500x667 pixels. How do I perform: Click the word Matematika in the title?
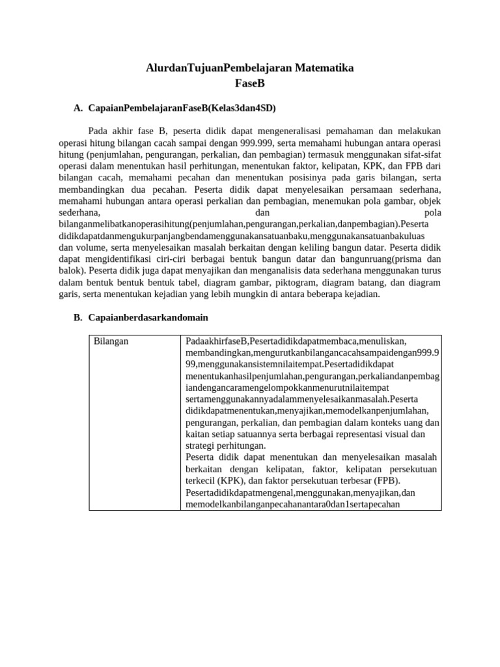coord(320,68)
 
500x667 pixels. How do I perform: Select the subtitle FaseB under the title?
coord(250,83)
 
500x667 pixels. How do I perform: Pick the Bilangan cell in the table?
coord(111,341)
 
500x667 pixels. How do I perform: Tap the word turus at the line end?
coord(430,271)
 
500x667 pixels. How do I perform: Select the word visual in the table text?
coord(393,434)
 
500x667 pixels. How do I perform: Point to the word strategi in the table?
coord(202,446)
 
